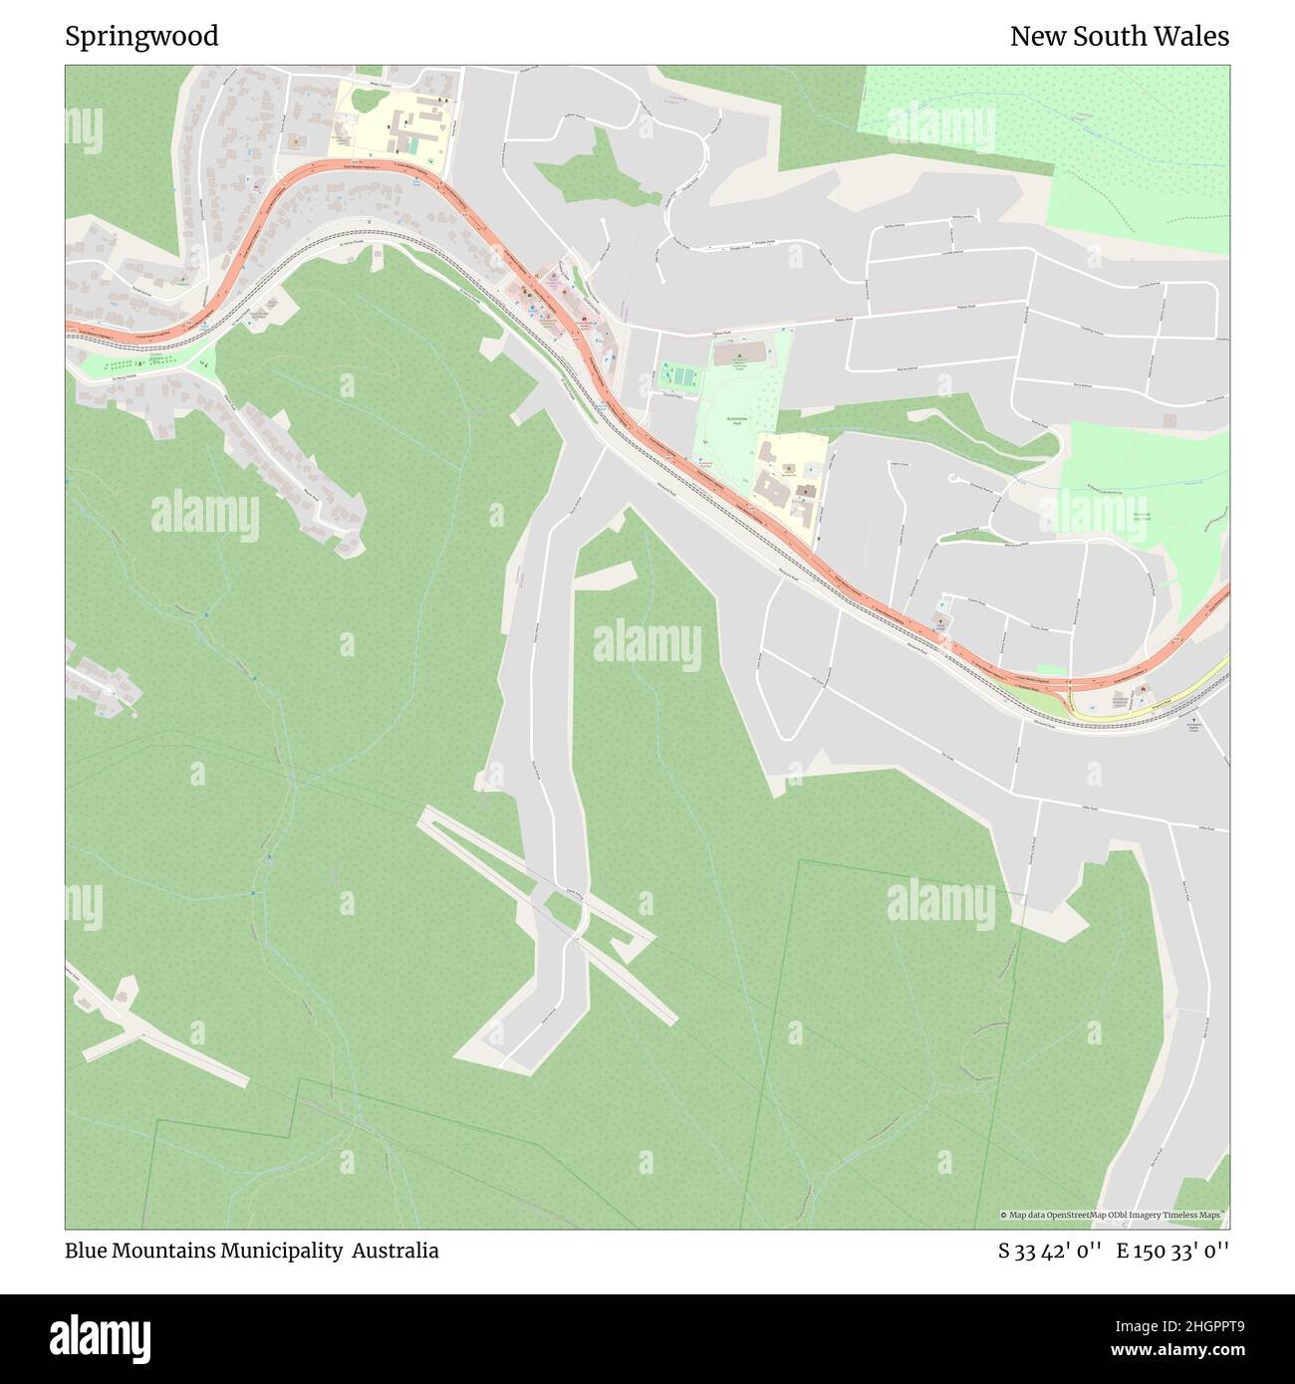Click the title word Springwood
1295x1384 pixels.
(x=141, y=37)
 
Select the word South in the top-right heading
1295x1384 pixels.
(x=1120, y=37)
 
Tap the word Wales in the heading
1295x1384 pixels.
(x=1195, y=37)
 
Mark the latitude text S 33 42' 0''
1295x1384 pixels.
(x=1050, y=1251)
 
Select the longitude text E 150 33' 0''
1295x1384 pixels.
(x=1172, y=1251)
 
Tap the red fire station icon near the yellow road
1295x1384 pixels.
(x=1143, y=689)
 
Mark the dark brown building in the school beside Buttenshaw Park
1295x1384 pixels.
(x=771, y=490)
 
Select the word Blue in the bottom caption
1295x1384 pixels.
(x=86, y=1251)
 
